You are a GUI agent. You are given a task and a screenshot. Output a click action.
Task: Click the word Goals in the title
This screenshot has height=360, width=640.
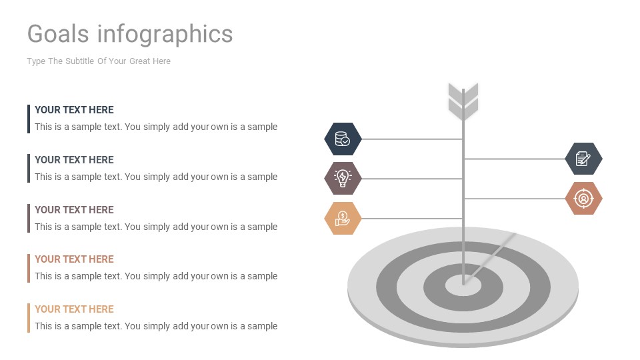point(58,33)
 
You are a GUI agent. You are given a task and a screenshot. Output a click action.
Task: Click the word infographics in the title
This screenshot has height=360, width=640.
point(165,33)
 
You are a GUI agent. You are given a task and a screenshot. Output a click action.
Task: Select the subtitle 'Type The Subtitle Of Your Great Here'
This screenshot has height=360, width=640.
point(99,61)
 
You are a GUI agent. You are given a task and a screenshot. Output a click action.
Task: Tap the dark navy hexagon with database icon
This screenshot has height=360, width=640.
point(343,139)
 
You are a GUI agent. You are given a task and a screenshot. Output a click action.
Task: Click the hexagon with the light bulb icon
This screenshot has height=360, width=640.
point(343,178)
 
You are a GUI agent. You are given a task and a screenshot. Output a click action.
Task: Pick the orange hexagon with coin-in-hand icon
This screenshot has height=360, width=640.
point(343,218)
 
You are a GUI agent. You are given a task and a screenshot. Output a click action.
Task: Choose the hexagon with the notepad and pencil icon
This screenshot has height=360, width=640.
point(583,159)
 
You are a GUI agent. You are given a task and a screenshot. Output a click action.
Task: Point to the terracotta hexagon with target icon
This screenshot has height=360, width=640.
point(583,198)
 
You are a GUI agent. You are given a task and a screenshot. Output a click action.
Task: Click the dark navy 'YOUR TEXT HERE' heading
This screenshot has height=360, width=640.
point(74,110)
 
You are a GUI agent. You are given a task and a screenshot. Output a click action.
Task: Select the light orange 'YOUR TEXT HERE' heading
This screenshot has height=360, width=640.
point(74,309)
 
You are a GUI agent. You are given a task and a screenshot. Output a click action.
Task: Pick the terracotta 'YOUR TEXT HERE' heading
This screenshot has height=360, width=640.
point(74,259)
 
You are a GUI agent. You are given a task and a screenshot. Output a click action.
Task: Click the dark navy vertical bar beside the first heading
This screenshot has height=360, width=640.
point(29,119)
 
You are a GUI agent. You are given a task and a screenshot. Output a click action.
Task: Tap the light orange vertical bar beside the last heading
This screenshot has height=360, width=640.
point(29,317)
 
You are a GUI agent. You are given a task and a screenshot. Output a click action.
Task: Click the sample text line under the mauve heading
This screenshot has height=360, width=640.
point(156,227)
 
